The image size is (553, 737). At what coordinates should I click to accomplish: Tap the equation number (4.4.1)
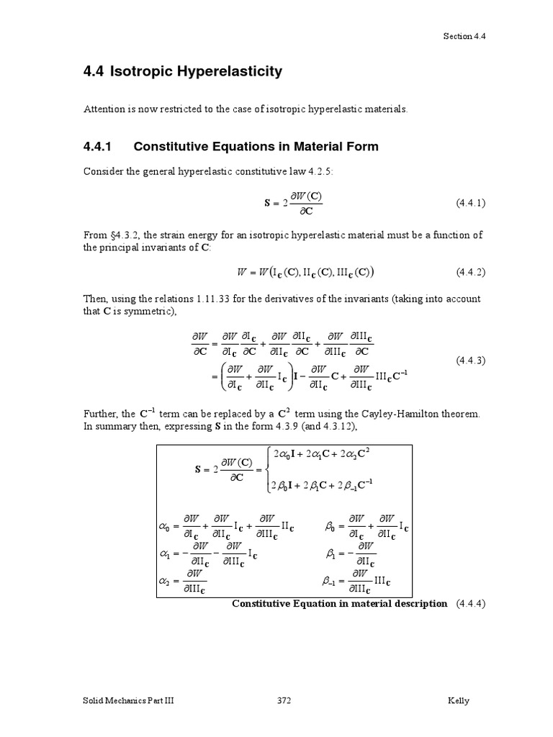471,203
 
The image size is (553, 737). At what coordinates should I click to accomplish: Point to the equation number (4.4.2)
471,271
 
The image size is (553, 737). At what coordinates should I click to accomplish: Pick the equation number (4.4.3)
471,361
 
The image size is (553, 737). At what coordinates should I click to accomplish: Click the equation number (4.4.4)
471,603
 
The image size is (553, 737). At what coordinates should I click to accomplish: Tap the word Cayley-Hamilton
386,414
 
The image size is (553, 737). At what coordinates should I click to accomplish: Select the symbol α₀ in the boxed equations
167,526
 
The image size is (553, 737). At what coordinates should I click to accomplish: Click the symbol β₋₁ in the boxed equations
332,579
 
